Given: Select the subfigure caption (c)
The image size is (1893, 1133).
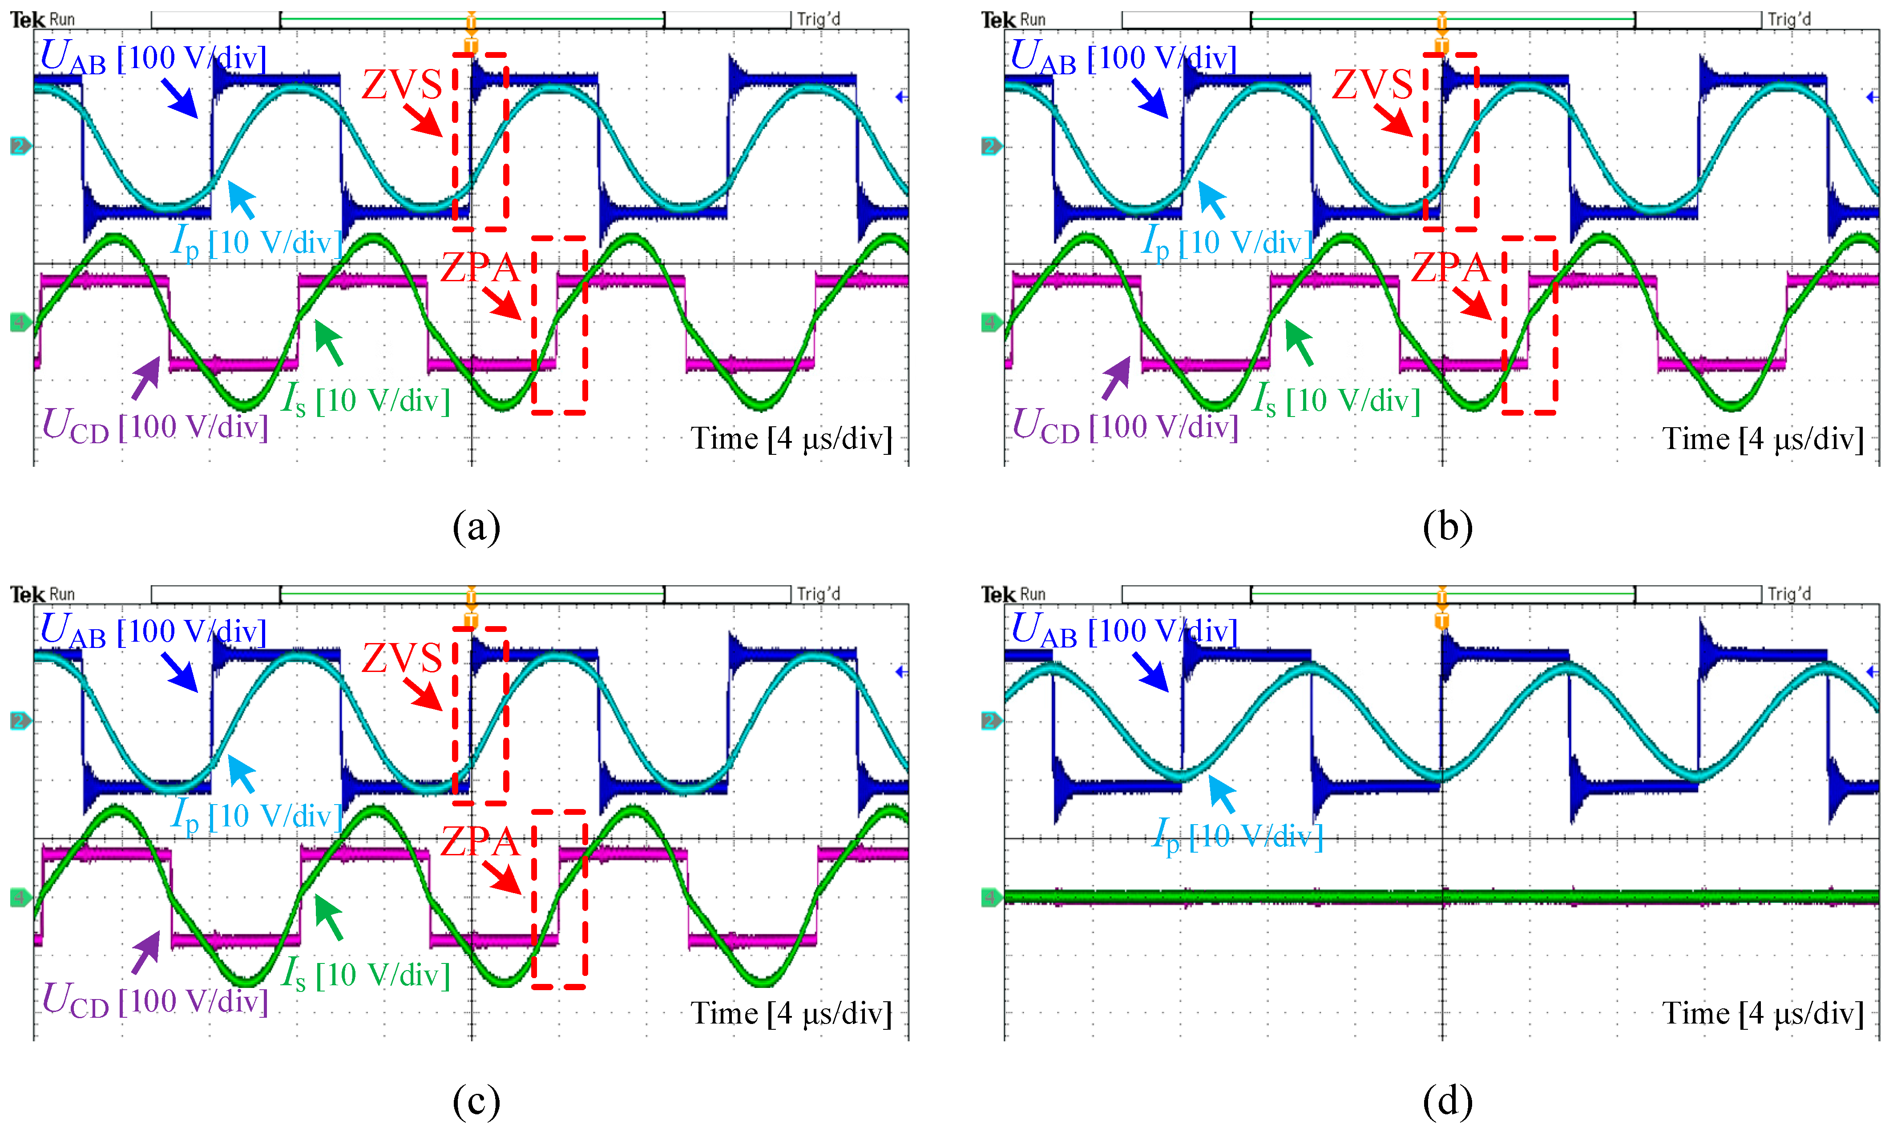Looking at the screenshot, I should pos(476,1101).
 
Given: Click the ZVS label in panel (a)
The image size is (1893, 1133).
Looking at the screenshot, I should pos(401,85).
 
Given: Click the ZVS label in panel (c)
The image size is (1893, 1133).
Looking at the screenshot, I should pos(401,658).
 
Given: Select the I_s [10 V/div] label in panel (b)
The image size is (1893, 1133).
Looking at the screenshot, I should pos(1336,400).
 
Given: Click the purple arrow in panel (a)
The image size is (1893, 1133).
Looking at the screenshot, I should pos(146,378).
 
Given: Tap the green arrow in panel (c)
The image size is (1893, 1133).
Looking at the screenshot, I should pos(329,917).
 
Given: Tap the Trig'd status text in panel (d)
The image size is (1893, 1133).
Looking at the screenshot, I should pos(1789,593).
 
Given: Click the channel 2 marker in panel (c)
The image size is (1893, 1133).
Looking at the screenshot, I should pos(20,721).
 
